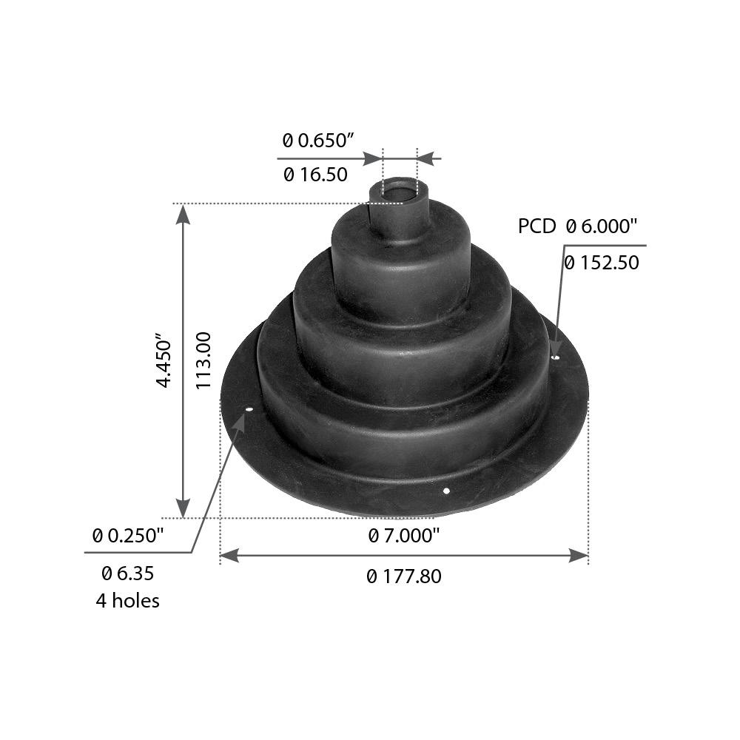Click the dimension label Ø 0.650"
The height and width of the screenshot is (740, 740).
[319, 140]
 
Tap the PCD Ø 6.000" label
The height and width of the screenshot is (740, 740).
[577, 226]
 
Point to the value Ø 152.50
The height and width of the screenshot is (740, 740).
[601, 263]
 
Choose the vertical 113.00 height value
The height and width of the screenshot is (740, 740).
[205, 360]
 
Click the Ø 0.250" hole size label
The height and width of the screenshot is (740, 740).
[127, 535]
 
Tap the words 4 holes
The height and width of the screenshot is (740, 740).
[127, 600]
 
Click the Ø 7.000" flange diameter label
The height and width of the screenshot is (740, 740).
[404, 535]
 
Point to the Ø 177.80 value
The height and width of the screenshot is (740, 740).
[404, 576]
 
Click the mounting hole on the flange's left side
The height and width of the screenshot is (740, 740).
[249, 410]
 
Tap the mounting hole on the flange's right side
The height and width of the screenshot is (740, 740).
[556, 357]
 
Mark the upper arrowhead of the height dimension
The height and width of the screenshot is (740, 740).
[184, 214]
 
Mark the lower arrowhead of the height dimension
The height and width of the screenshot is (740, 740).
[184, 508]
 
